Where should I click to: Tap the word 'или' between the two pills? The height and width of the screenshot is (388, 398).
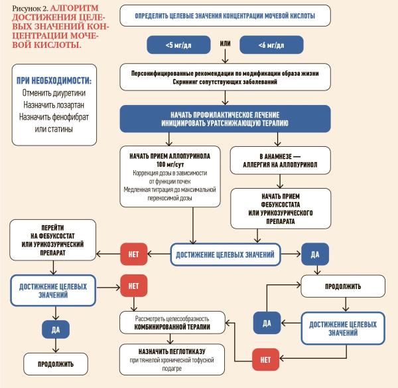(x=226, y=44)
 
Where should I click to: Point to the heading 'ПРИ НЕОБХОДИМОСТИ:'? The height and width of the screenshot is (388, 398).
(x=53, y=81)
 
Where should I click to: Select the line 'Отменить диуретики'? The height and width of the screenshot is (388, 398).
(x=53, y=93)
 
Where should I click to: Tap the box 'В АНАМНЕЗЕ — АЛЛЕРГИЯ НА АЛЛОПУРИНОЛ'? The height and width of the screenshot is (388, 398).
(x=275, y=159)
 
